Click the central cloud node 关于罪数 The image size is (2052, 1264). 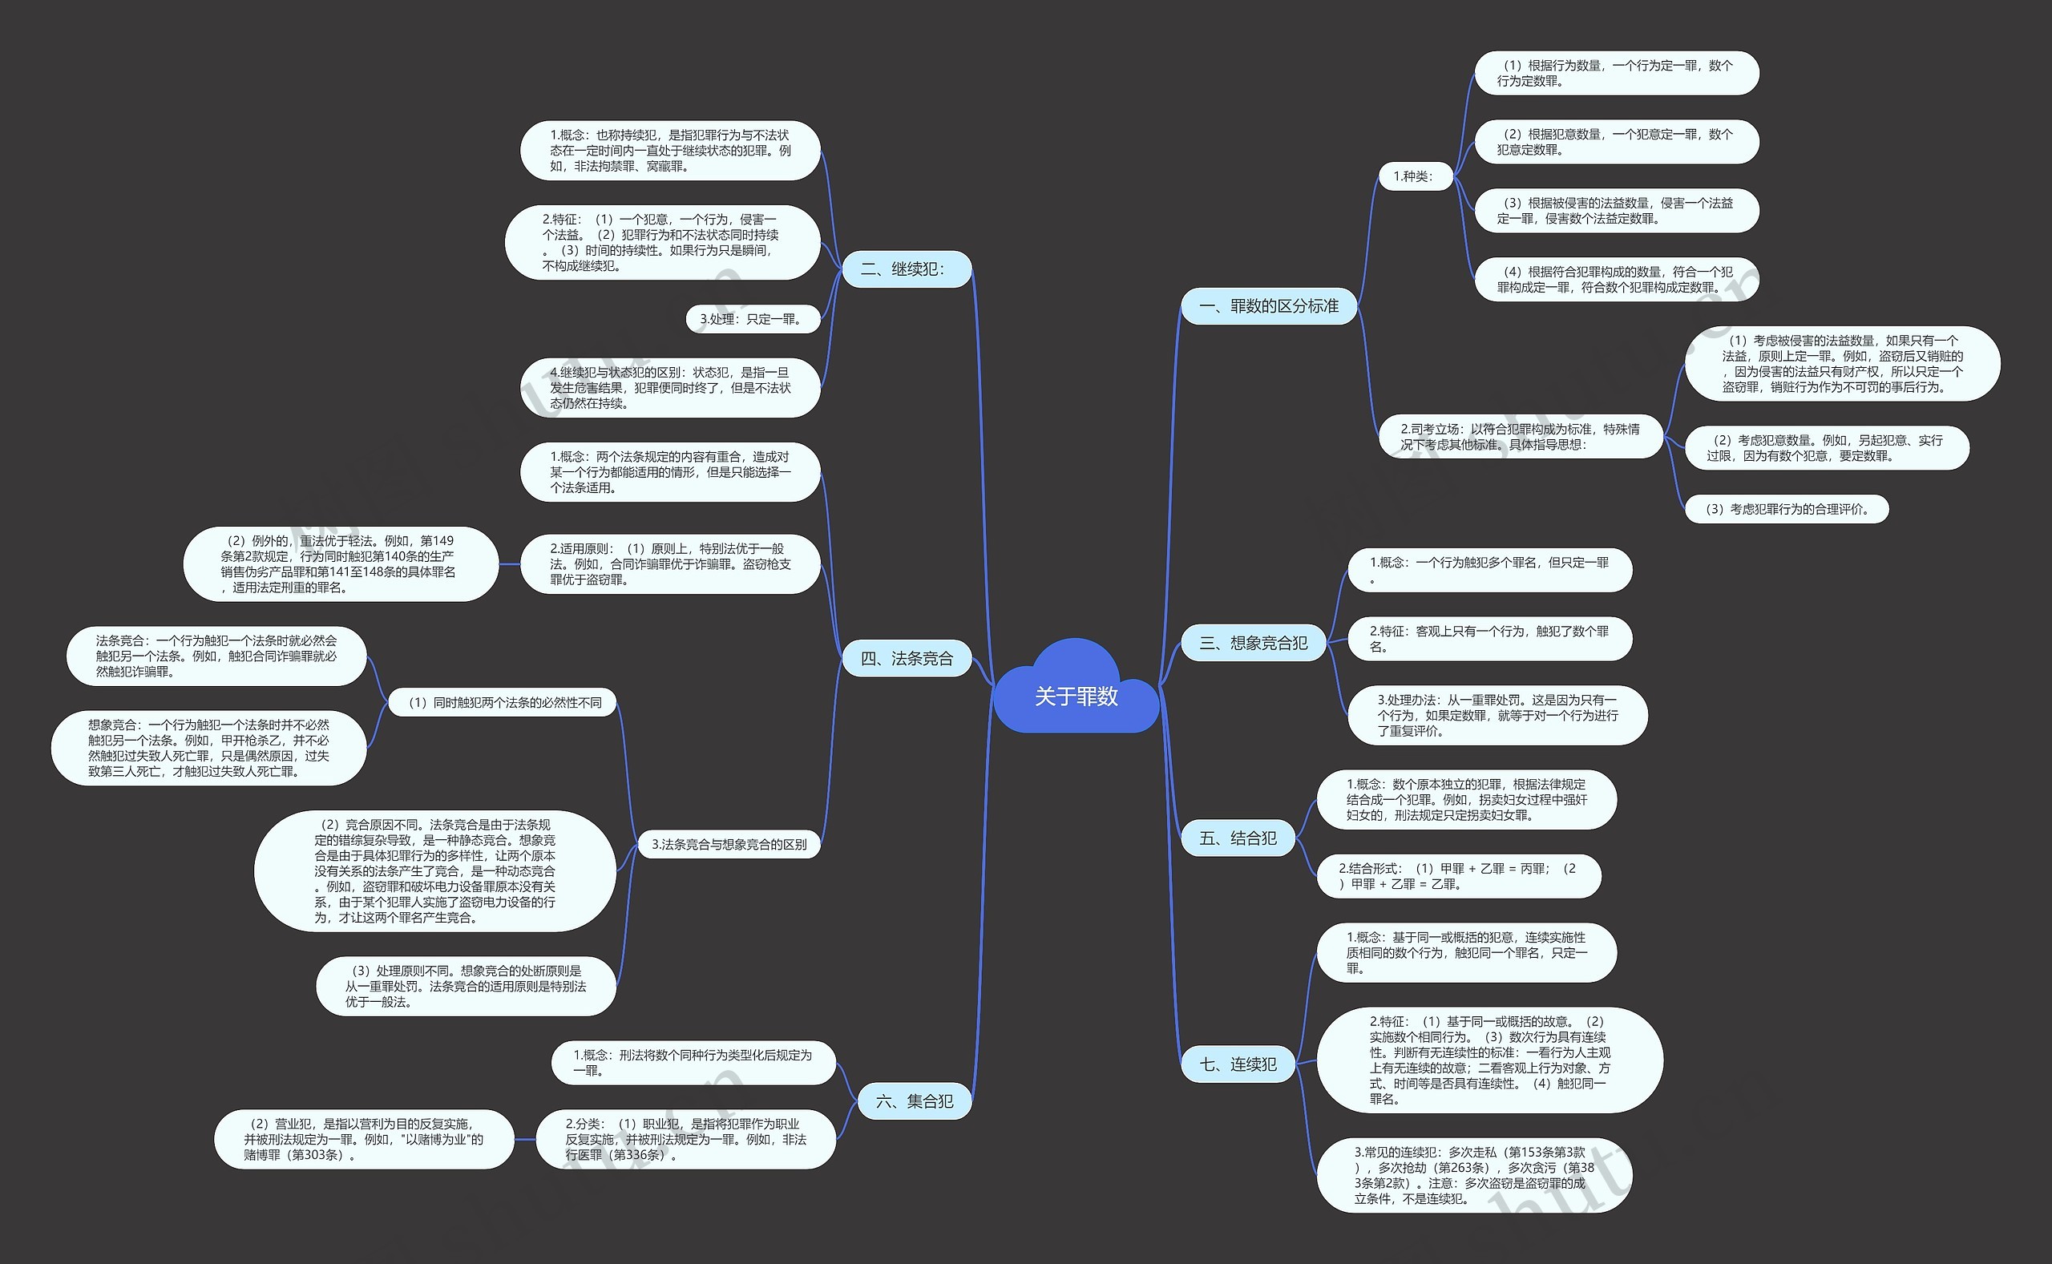[1076, 696]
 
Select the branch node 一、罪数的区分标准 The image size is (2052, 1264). [1268, 306]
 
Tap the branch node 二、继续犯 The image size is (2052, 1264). [905, 269]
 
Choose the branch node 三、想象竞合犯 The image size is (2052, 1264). [1253, 643]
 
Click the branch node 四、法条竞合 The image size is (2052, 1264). [906, 659]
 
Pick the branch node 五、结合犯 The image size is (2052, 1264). [1237, 838]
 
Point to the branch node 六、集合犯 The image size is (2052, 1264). [914, 1102]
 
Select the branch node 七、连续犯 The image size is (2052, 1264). [1237, 1064]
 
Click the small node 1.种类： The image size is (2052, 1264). [1414, 176]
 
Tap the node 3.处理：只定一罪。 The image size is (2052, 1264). [752, 319]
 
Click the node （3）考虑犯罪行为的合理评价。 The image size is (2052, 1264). [1786, 509]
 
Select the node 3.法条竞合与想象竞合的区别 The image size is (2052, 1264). [729, 844]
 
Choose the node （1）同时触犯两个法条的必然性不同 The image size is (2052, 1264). [503, 703]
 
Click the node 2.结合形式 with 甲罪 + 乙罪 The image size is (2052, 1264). [1459, 876]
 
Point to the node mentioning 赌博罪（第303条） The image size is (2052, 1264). [364, 1140]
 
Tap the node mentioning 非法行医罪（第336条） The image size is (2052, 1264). [685, 1140]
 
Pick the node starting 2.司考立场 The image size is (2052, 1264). [1520, 436]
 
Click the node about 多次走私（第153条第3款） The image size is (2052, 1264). [1473, 1175]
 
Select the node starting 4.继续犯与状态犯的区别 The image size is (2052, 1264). [669, 388]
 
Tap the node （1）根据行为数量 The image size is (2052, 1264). [1616, 74]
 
